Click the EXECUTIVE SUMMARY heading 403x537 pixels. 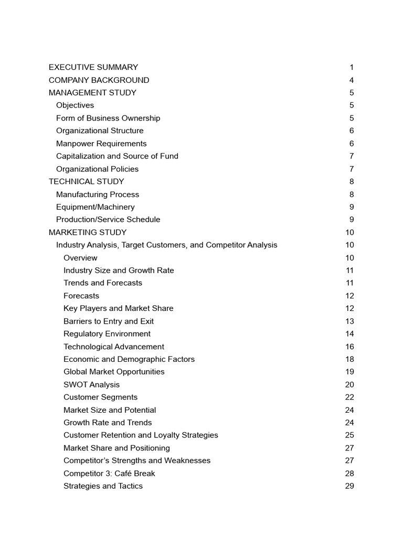click(x=93, y=67)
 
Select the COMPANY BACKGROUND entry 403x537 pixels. click(x=99, y=80)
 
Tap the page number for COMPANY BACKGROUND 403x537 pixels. click(x=352, y=80)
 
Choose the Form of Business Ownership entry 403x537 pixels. click(x=108, y=118)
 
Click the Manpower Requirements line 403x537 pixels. click(x=101, y=144)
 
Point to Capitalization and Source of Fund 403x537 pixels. click(x=117, y=156)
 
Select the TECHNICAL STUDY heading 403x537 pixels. click(x=87, y=181)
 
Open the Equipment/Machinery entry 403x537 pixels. click(x=95, y=207)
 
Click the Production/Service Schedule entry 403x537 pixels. click(x=108, y=220)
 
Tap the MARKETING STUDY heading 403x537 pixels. click(x=88, y=232)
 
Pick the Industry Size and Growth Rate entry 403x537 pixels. click(x=119, y=271)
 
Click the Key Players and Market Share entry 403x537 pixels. click(x=118, y=308)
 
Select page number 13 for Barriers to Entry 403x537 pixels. click(x=349, y=321)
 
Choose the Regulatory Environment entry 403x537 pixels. click(x=107, y=334)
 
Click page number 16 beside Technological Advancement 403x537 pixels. click(x=349, y=347)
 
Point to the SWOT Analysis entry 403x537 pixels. click(x=91, y=385)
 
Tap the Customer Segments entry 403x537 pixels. click(x=100, y=398)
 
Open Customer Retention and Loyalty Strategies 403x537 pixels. click(x=141, y=435)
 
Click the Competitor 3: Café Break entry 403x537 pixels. click(x=109, y=474)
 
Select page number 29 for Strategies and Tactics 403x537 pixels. click(x=349, y=486)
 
